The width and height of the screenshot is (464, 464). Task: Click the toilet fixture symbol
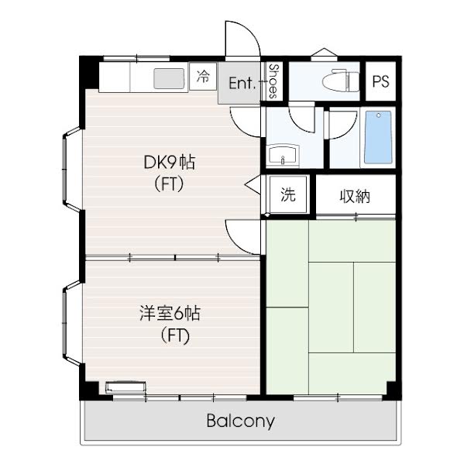click(x=341, y=81)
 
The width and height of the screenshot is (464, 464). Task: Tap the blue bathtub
click(x=379, y=137)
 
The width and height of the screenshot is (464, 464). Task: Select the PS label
click(x=380, y=81)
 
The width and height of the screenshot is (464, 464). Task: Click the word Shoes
click(x=273, y=81)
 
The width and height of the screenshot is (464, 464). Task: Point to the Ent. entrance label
click(x=242, y=83)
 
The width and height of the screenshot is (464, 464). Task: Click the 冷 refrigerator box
click(x=203, y=77)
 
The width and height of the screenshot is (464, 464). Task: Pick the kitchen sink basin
click(x=169, y=78)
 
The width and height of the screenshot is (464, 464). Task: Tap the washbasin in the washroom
click(x=283, y=155)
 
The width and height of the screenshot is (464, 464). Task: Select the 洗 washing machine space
click(x=288, y=194)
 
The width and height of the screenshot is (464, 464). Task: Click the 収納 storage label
click(x=355, y=196)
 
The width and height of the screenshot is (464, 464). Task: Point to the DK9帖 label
click(x=170, y=162)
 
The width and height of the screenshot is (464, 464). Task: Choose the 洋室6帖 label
click(x=170, y=314)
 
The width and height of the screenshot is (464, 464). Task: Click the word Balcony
click(x=241, y=421)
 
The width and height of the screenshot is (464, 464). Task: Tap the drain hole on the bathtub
click(x=379, y=115)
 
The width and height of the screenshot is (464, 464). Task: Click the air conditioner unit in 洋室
click(x=126, y=387)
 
